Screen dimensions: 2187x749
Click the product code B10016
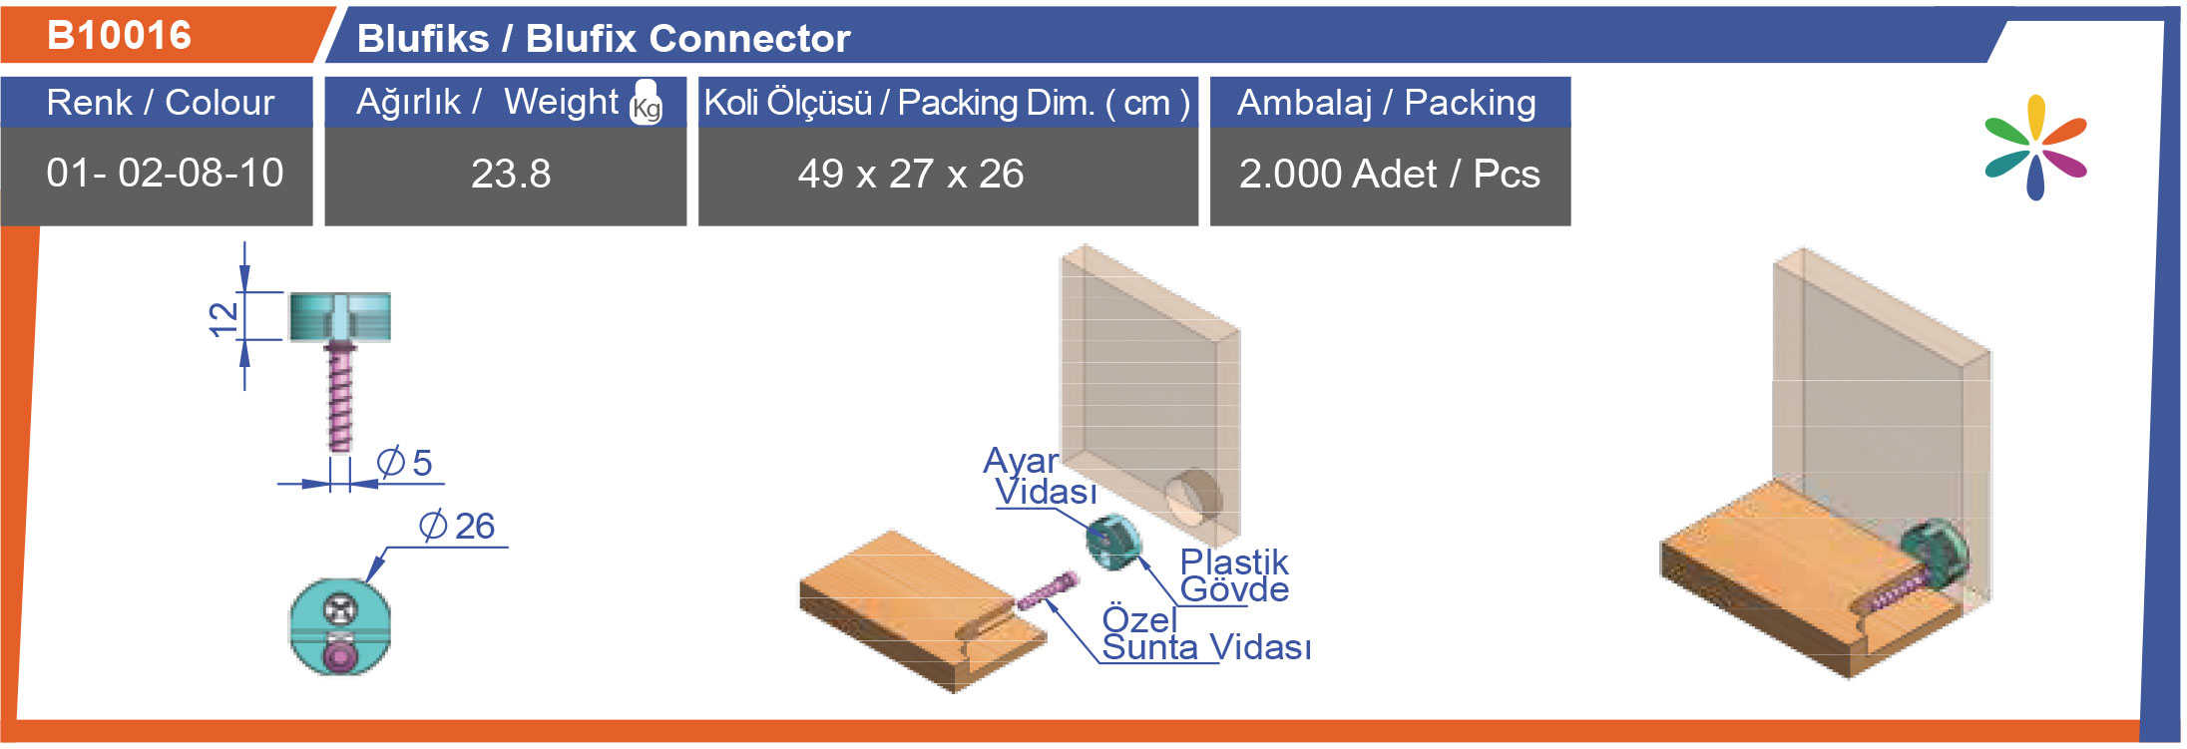click(119, 35)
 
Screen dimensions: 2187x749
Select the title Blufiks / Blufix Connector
click(604, 39)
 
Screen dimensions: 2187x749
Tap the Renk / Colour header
click(160, 102)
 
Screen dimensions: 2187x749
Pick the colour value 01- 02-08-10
click(165, 173)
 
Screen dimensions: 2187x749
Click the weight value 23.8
click(511, 174)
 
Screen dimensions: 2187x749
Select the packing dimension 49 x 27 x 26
click(911, 174)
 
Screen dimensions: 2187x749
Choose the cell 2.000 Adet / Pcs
click(1389, 174)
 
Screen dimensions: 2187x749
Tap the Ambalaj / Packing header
click(1386, 103)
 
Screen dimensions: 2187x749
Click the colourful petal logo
click(2035, 148)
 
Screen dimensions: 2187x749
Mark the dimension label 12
click(224, 318)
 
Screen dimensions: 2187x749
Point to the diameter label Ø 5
click(404, 462)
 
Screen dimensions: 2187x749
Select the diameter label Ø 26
click(457, 526)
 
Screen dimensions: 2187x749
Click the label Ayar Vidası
click(1041, 476)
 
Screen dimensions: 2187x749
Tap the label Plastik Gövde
click(1234, 575)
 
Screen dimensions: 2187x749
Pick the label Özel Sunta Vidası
click(1205, 633)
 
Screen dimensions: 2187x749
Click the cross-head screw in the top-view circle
click(339, 606)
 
